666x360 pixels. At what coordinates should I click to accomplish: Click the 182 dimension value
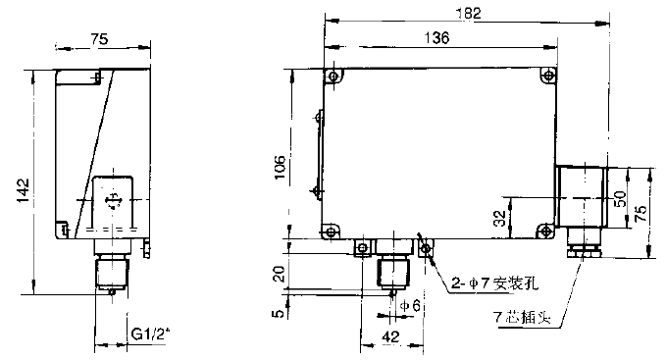[x=469, y=14]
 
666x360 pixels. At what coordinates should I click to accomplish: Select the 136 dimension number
[x=436, y=38]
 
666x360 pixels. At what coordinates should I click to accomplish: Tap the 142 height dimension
[x=24, y=190]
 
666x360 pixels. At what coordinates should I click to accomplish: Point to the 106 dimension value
[x=280, y=167]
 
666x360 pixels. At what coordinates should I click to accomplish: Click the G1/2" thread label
[x=150, y=334]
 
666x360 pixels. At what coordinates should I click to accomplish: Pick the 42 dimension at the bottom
[x=390, y=337]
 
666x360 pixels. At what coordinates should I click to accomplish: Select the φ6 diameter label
[x=410, y=306]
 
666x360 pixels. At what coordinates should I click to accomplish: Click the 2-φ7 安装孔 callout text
[x=494, y=283]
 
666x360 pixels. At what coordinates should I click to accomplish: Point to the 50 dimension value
[x=621, y=199]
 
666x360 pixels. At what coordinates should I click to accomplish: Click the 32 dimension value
[x=501, y=218]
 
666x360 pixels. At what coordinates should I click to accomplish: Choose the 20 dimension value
[x=280, y=275]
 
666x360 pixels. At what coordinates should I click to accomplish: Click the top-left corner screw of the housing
[x=333, y=77]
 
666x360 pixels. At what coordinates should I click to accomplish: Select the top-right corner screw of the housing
[x=549, y=76]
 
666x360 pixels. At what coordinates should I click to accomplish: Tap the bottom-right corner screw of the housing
[x=545, y=231]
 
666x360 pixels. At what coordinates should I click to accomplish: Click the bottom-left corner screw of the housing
[x=331, y=232]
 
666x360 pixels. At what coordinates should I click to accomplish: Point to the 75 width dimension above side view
[x=99, y=39]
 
